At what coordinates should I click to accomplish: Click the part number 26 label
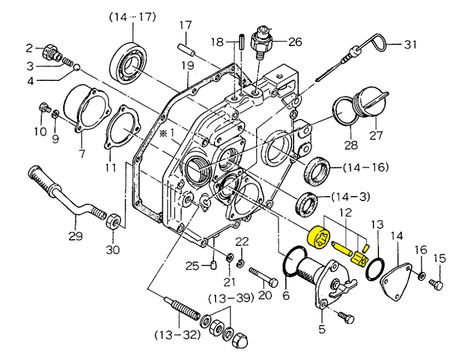[x=295, y=42]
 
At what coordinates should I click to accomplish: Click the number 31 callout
[x=409, y=45]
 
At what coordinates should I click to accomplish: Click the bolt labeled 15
[x=437, y=285]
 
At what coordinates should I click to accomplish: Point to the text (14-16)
[x=366, y=167]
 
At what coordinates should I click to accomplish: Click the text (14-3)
[x=351, y=197]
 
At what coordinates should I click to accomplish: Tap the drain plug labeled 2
[x=50, y=52]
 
